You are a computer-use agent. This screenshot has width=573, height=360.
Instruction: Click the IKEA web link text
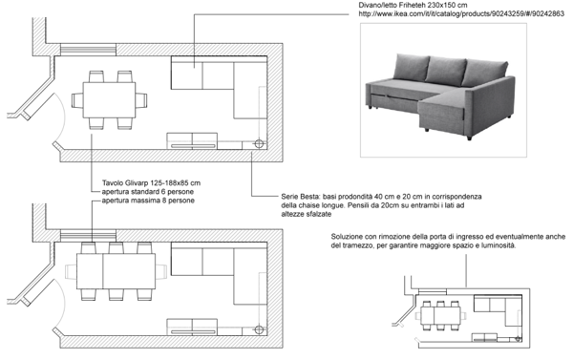[x=461, y=14]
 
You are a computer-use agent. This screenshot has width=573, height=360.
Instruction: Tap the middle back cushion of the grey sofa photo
[x=447, y=70]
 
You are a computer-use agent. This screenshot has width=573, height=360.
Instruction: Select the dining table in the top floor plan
[x=109, y=99]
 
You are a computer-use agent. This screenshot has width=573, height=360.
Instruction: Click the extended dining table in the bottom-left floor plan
[x=116, y=271]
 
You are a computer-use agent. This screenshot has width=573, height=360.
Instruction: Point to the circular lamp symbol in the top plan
[x=259, y=143]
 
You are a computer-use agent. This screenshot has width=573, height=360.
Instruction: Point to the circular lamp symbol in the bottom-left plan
[x=259, y=329]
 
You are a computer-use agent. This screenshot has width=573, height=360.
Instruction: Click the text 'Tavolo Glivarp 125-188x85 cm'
[x=151, y=182]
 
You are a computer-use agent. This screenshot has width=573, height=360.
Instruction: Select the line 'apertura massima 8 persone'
[x=148, y=201]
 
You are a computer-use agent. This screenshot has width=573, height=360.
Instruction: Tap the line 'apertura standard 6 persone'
[x=148, y=192]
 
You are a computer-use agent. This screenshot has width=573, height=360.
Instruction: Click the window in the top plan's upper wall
[x=88, y=50]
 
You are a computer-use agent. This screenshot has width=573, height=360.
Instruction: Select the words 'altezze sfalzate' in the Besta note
[x=307, y=215]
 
